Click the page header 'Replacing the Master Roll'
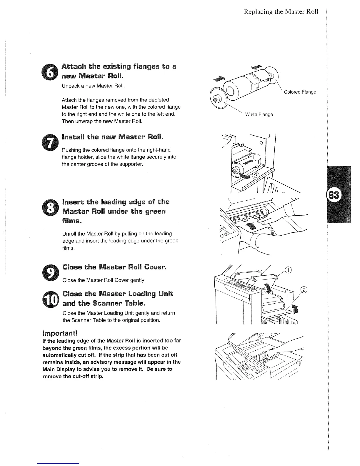[281, 12]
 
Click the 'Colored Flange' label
[300, 92]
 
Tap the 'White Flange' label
[259, 114]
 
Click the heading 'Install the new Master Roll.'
[112, 137]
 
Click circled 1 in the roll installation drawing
[256, 157]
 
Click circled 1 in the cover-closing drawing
[289, 270]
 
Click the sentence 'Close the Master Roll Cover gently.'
[104, 280]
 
